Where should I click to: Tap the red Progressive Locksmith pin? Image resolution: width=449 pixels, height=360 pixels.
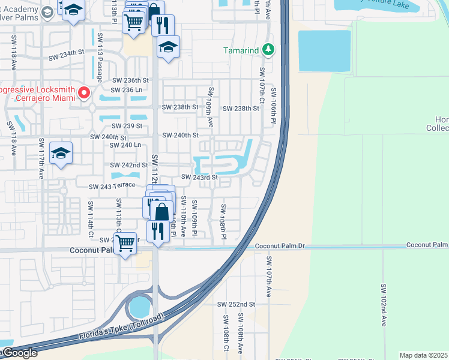(84, 93)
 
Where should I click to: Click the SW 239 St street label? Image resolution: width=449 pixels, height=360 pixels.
(127, 126)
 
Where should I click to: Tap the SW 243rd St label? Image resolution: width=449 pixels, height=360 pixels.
(199, 178)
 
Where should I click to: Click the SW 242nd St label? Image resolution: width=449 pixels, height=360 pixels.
(128, 165)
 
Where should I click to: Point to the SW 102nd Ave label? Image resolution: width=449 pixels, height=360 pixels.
(383, 305)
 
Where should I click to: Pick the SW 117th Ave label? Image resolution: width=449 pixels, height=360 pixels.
(41, 159)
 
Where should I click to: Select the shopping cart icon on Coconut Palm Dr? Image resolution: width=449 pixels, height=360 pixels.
(125, 243)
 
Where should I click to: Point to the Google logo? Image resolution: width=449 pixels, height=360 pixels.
(19, 353)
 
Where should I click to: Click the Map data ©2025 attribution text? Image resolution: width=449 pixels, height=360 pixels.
(424, 355)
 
